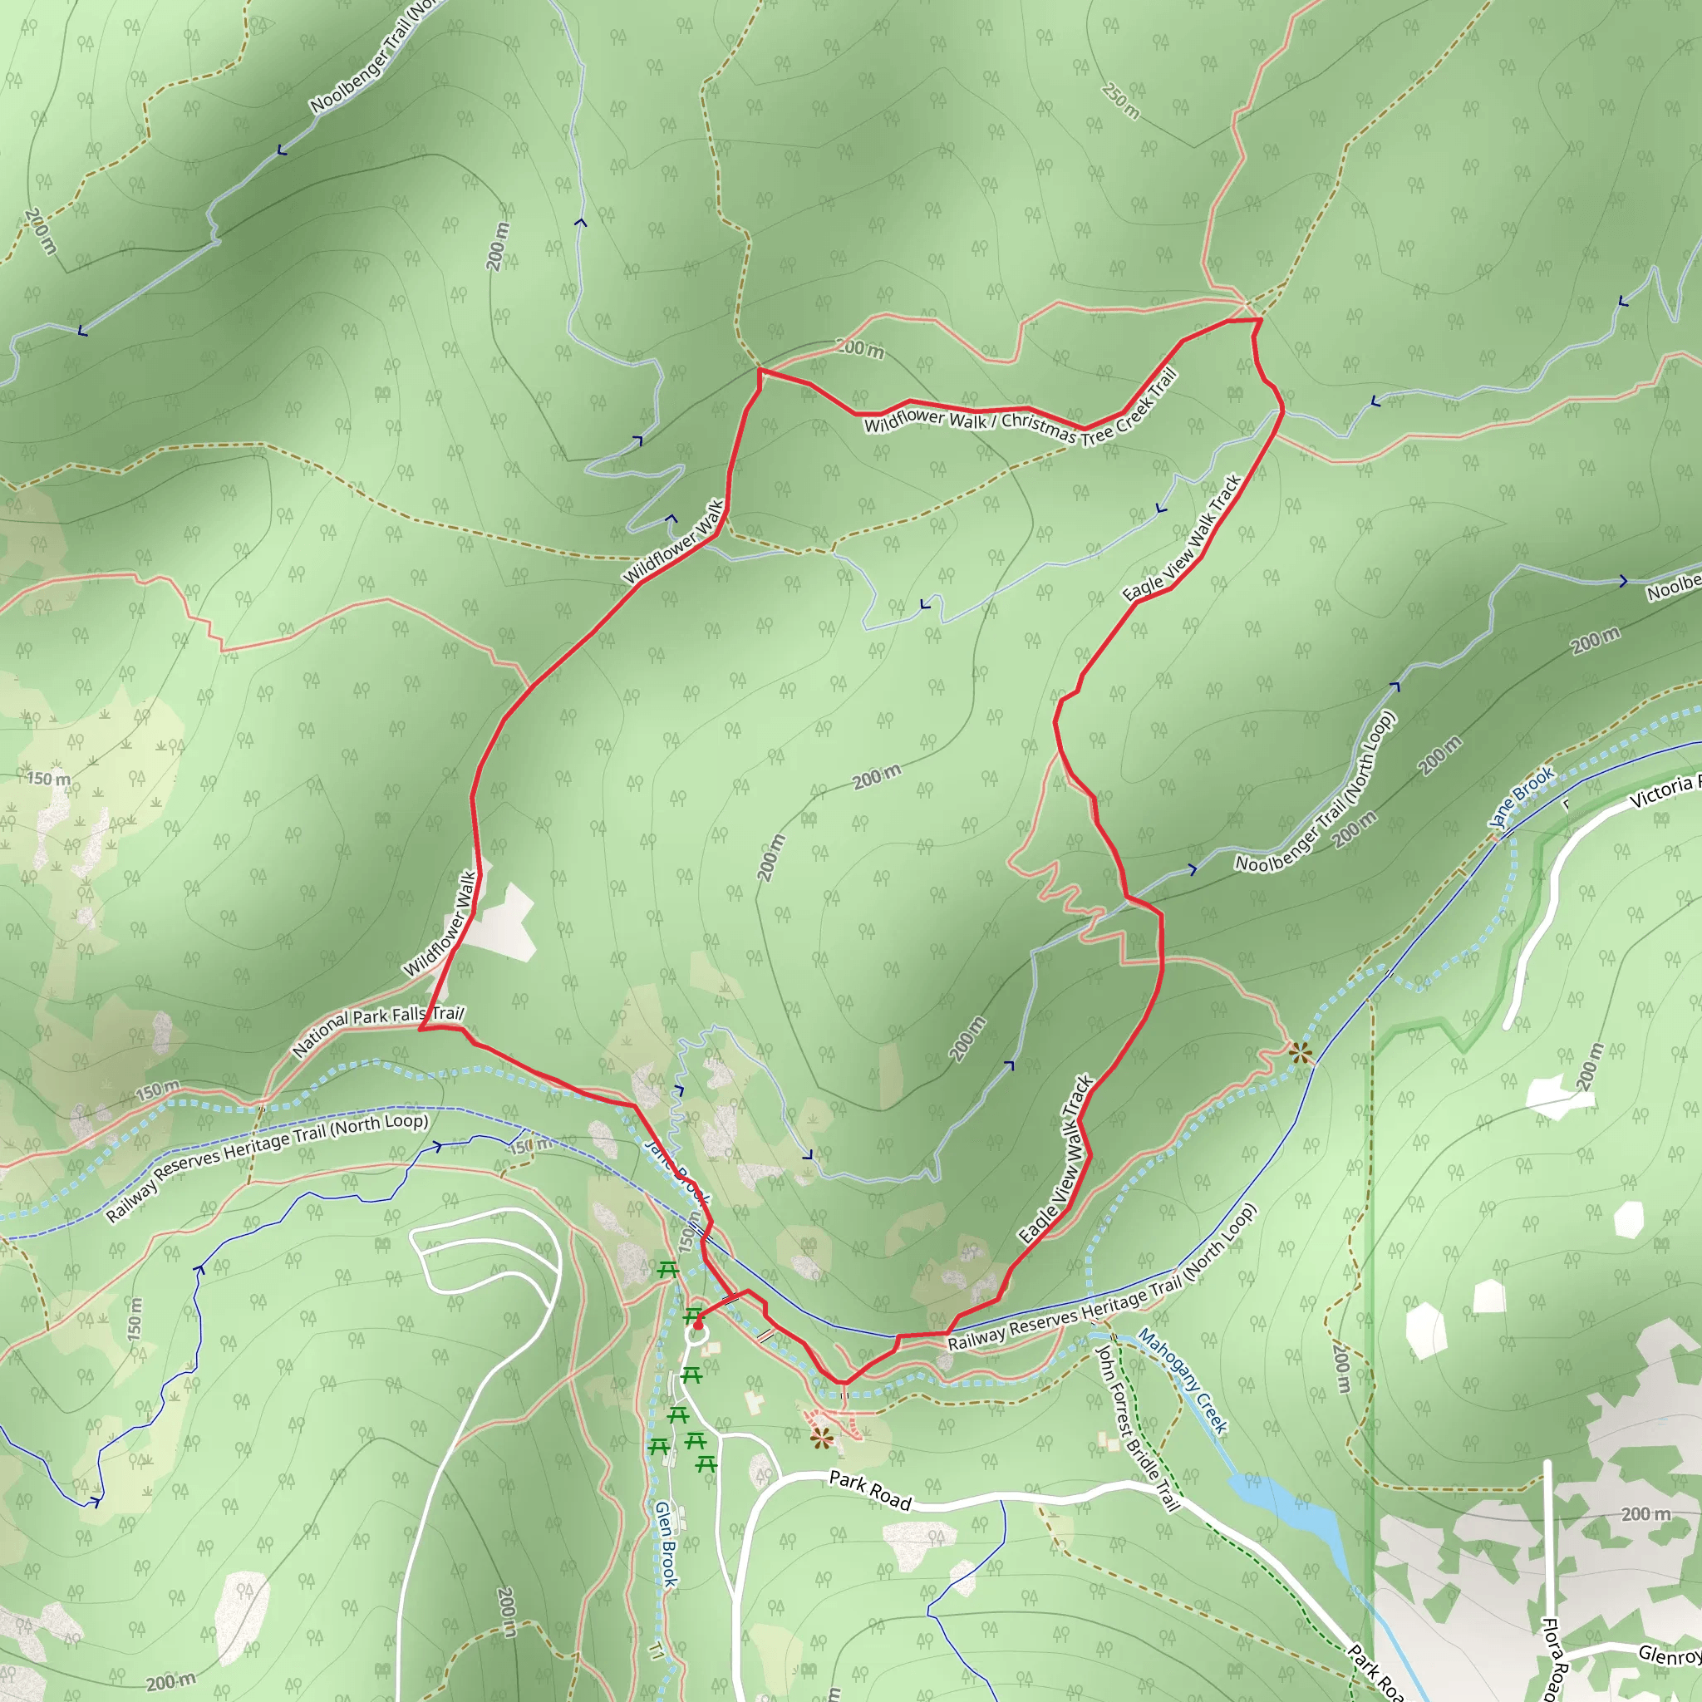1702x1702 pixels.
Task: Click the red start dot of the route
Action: coord(698,1324)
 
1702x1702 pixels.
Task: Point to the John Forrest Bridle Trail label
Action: coord(1136,1428)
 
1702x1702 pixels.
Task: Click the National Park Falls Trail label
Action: coord(378,1031)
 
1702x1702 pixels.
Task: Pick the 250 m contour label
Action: coord(1120,101)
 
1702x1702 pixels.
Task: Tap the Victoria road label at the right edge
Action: coord(1663,791)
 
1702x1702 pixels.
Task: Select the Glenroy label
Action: coord(1670,1655)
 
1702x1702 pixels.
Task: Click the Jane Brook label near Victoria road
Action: coord(1522,798)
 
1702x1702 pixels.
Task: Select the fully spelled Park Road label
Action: coord(870,1491)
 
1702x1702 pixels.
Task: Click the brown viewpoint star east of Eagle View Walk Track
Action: coord(1301,1052)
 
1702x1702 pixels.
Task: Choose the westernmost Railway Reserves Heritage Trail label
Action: coord(267,1168)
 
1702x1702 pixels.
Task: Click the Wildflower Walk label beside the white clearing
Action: coord(440,924)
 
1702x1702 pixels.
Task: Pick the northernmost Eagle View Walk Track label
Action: coord(1183,539)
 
